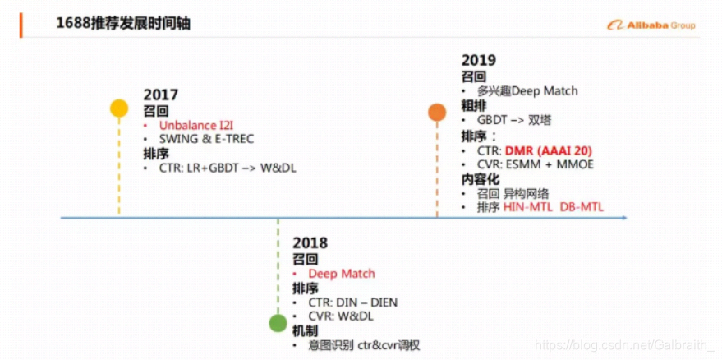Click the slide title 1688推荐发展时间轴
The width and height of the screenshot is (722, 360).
click(123, 24)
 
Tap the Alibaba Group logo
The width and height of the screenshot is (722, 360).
click(651, 25)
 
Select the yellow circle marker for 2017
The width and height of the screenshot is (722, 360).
click(119, 108)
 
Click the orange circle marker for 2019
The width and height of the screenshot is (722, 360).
click(437, 113)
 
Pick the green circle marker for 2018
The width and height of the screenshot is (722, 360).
click(278, 322)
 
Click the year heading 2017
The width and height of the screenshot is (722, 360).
click(161, 95)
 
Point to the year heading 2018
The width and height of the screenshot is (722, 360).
click(310, 242)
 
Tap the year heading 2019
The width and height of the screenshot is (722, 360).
click(479, 60)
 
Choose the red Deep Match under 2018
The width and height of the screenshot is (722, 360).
click(342, 273)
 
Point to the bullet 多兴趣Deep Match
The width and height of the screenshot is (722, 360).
click(529, 90)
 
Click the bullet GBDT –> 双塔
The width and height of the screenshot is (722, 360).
click(514, 120)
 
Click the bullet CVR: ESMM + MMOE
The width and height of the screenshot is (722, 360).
click(535, 164)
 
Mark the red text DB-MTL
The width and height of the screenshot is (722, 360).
click(582, 207)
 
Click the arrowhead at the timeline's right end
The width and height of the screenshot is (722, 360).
click(624, 218)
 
